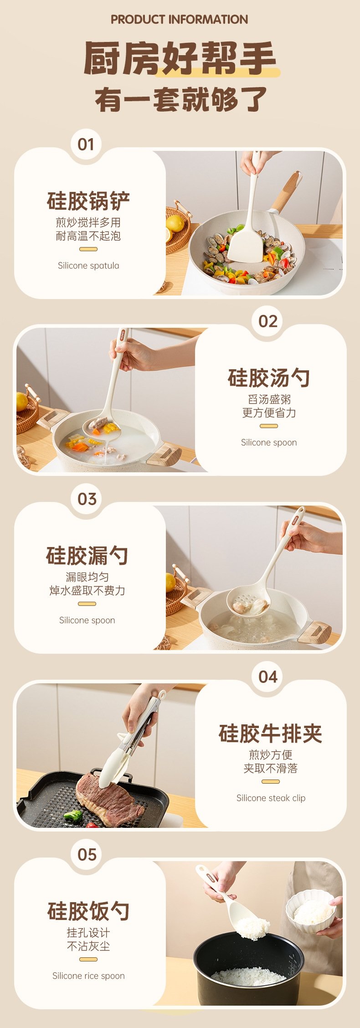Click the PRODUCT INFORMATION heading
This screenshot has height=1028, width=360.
click(x=180, y=20)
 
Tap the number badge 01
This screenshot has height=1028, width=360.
click(x=86, y=145)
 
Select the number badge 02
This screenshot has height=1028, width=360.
click(x=268, y=321)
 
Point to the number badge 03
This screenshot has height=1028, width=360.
click(x=87, y=499)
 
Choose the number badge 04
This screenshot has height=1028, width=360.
click(x=268, y=677)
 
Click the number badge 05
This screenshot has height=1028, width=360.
click(x=87, y=854)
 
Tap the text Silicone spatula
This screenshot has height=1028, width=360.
click(x=88, y=266)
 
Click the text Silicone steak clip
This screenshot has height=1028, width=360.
click(x=271, y=798)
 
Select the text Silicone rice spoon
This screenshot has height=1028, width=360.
click(x=88, y=976)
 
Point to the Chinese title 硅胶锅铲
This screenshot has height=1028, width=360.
click(x=88, y=201)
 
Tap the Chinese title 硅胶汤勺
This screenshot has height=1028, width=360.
click(x=269, y=378)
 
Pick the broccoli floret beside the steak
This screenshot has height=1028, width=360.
click(x=73, y=814)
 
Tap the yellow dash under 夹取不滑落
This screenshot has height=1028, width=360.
click(x=271, y=781)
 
